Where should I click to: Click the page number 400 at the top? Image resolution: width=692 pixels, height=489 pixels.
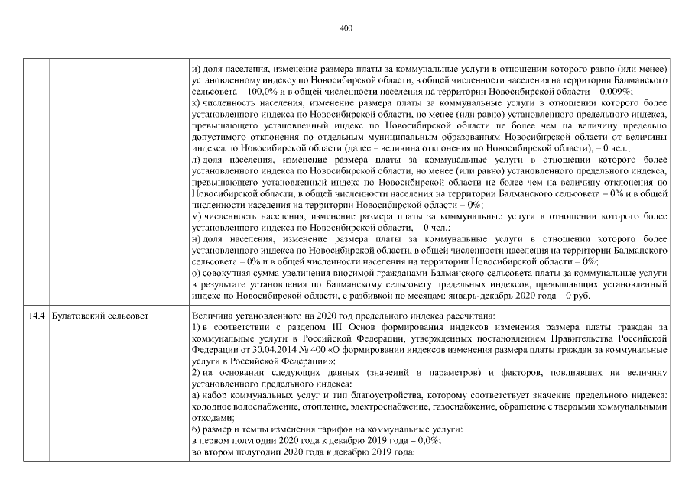(346, 28)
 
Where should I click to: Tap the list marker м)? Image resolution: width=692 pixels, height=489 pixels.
(197, 216)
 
